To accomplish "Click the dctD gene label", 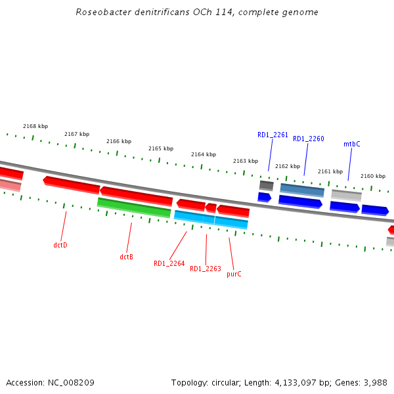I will (60, 245).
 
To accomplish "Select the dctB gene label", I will (126, 257).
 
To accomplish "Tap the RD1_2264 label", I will (169, 263).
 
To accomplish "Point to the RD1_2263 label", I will (206, 269).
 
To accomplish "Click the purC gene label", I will (234, 274).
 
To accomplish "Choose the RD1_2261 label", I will (273, 135).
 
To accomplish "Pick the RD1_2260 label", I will (309, 139).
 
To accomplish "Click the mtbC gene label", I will (351, 144).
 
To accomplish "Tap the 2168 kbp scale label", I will (35, 126).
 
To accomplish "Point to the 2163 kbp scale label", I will (246, 161).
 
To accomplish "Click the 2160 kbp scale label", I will (372, 176).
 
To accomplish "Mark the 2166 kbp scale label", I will (119, 141).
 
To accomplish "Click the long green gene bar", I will (134, 207).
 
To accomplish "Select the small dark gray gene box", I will (266, 186).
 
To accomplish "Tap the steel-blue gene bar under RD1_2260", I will (302, 190).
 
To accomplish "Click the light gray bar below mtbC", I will (346, 195).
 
